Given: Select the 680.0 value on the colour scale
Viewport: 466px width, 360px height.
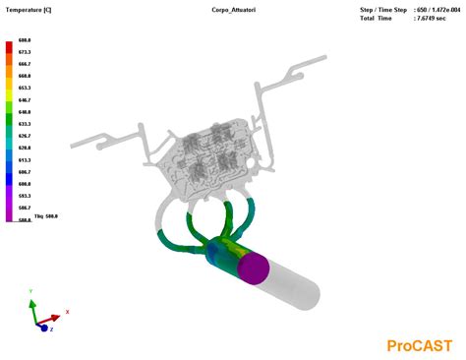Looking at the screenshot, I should (25, 42).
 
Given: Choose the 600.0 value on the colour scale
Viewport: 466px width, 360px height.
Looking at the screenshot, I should (25, 184).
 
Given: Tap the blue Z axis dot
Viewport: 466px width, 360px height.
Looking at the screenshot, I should (43, 329).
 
